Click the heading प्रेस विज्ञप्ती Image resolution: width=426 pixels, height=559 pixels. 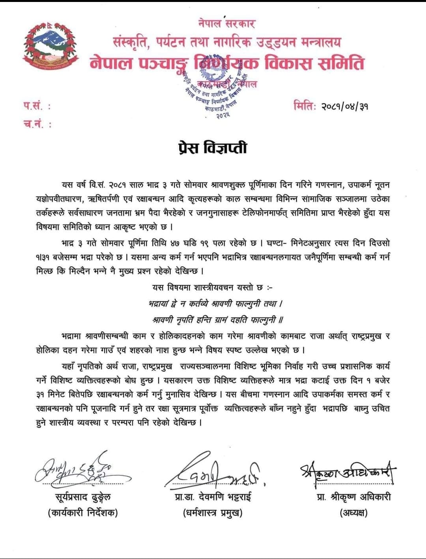(212, 148)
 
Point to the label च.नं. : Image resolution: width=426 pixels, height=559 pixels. (38, 124)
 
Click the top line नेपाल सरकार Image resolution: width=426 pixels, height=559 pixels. (227, 23)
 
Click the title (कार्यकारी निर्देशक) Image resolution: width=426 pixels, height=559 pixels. (83, 513)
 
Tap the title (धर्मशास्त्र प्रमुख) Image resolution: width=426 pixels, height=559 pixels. (213, 513)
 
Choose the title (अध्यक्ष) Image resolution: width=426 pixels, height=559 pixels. (353, 513)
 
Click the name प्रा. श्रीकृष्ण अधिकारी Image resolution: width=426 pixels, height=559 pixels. (354, 497)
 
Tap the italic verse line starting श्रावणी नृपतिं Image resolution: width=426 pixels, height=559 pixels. (218, 319)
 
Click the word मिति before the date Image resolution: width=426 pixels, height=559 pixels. (304, 106)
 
